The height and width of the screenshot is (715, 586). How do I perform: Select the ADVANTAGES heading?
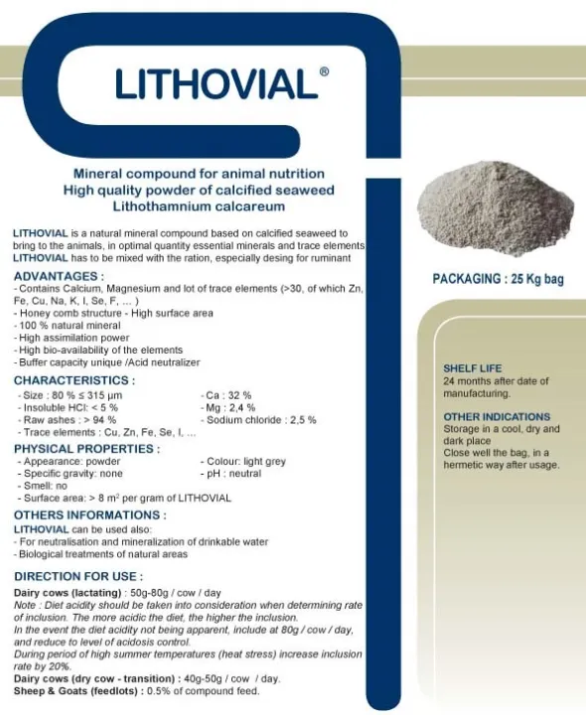[59, 275]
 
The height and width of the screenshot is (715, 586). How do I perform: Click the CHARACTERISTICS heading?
[74, 379]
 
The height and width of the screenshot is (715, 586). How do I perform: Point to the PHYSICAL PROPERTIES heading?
[86, 448]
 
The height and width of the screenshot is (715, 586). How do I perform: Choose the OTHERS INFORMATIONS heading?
[89, 515]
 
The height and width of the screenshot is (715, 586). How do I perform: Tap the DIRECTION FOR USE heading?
[78, 576]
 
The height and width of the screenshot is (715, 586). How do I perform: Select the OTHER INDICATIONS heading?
[497, 417]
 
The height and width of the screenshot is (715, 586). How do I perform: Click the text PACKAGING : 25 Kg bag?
[498, 279]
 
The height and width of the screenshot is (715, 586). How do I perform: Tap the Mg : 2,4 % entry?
[229, 407]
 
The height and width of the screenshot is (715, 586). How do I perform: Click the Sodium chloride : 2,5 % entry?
[258, 420]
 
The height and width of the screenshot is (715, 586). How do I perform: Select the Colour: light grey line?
[243, 462]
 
